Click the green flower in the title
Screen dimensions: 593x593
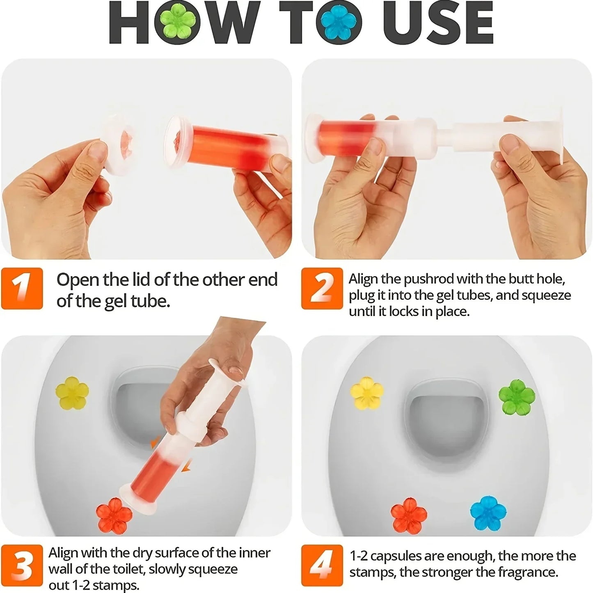point(178,22)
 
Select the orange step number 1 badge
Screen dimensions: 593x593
point(22,288)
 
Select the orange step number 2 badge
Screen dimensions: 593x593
point(322,288)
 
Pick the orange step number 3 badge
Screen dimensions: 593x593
point(22,566)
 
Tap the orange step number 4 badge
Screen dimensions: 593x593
point(322,566)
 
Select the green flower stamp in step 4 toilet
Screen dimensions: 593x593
point(517,397)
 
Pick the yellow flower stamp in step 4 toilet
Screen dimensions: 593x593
point(367,393)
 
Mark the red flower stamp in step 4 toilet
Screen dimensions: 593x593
point(409,515)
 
